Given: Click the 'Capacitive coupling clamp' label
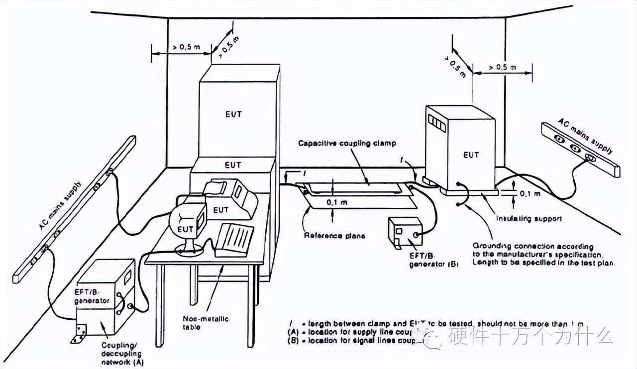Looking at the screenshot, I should pyautogui.click(x=347, y=143).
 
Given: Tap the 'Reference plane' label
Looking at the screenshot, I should pyautogui.click(x=334, y=235).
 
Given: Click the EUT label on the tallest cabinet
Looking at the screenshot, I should pyautogui.click(x=233, y=114).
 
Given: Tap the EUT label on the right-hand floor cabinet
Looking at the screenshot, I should pyautogui.click(x=470, y=155).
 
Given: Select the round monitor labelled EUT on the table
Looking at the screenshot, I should pyautogui.click(x=188, y=222).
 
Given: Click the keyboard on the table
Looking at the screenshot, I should pyautogui.click(x=235, y=238).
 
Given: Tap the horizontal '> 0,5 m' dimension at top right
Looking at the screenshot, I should pyautogui.click(x=502, y=66).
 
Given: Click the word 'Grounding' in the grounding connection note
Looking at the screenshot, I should pyautogui.click(x=492, y=246).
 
